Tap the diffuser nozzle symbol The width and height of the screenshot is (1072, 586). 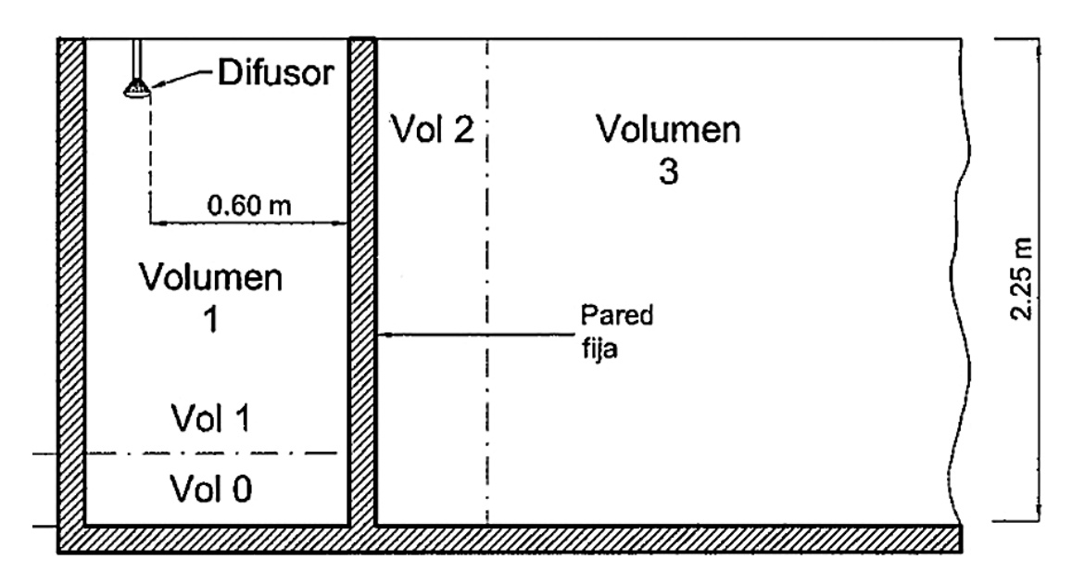click(x=135, y=87)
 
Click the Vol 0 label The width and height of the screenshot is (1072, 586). click(x=211, y=487)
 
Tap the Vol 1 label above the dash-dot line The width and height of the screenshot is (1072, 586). click(x=211, y=419)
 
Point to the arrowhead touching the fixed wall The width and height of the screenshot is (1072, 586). click(x=387, y=334)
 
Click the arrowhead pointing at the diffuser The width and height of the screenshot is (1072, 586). click(x=155, y=84)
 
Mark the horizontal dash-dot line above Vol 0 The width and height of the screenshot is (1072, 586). click(x=185, y=453)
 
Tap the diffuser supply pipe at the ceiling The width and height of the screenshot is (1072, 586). click(x=136, y=56)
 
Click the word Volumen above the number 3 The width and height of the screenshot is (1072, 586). click(x=668, y=130)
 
